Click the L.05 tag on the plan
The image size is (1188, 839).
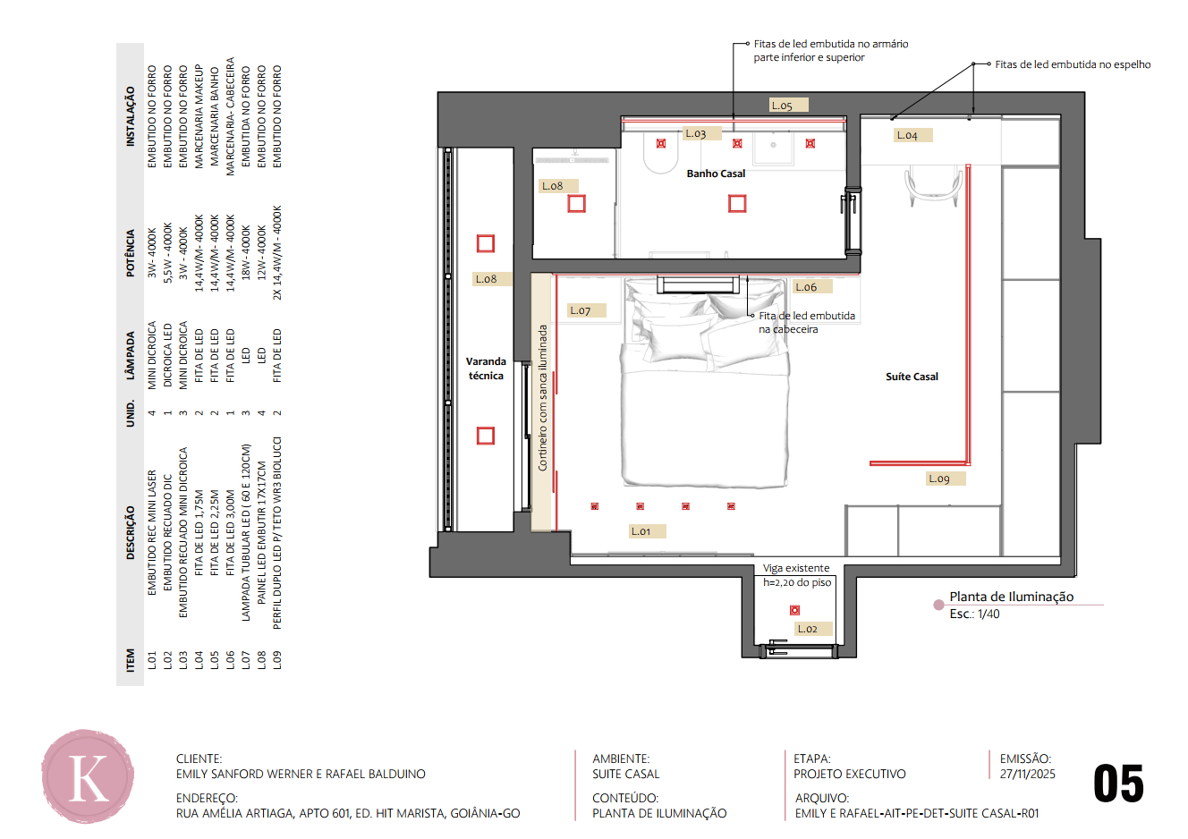pyautogui.click(x=789, y=105)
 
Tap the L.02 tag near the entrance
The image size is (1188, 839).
pyautogui.click(x=814, y=629)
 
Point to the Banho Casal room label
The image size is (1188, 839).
pyautogui.click(x=716, y=174)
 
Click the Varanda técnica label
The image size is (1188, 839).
pyautogui.click(x=486, y=369)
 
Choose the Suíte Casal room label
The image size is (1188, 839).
pyautogui.click(x=912, y=377)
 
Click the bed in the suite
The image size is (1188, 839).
pyautogui.click(x=704, y=382)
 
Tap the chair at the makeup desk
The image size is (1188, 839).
pyautogui.click(x=933, y=186)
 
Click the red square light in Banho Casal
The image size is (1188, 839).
pyautogui.click(x=737, y=204)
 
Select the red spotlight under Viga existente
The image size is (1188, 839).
pyautogui.click(x=794, y=610)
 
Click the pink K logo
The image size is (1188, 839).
pyautogui.click(x=88, y=776)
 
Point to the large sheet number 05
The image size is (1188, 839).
pyautogui.click(x=1118, y=784)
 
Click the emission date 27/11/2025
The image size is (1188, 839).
pyautogui.click(x=1027, y=774)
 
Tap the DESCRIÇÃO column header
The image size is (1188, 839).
pyautogui.click(x=131, y=532)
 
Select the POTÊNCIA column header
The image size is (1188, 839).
pyautogui.click(x=131, y=253)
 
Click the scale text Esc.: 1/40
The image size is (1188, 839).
pyautogui.click(x=974, y=614)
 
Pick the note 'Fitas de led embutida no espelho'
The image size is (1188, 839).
pyautogui.click(x=1073, y=64)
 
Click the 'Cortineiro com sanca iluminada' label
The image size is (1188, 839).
pyautogui.click(x=542, y=398)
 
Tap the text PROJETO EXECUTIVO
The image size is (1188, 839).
pyautogui.click(x=850, y=774)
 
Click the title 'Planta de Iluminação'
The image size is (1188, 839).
pyautogui.click(x=1012, y=597)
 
